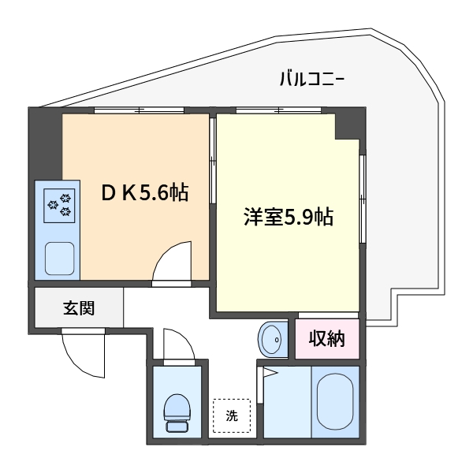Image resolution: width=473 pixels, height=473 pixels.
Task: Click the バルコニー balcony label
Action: click(x=312, y=79)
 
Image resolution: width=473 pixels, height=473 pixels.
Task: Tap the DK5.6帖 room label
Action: click(x=145, y=192)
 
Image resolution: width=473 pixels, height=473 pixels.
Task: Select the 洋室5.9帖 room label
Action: click(x=289, y=217)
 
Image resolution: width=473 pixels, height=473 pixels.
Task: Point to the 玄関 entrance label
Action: click(x=79, y=308)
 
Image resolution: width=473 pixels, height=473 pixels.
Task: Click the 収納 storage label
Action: click(x=326, y=339)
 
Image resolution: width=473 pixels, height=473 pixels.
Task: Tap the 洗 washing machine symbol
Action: click(x=232, y=416)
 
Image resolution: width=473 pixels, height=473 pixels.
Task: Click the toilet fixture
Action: click(x=177, y=413)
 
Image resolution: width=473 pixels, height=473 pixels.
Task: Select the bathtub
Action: click(x=335, y=401)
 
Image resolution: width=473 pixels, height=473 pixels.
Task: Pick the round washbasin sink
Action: click(x=274, y=340)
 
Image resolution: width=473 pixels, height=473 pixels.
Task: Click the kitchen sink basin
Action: click(x=59, y=259)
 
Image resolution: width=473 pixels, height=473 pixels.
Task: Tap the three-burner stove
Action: click(x=59, y=206)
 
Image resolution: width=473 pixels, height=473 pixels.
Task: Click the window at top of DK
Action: click(x=139, y=110)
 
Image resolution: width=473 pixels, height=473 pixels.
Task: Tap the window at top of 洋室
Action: click(x=278, y=110)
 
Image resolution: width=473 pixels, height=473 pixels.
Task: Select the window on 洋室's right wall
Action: click(x=363, y=199)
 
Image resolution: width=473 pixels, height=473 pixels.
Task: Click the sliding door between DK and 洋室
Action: click(x=213, y=161)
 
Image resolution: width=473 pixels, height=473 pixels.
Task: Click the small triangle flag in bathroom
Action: click(x=270, y=372)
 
